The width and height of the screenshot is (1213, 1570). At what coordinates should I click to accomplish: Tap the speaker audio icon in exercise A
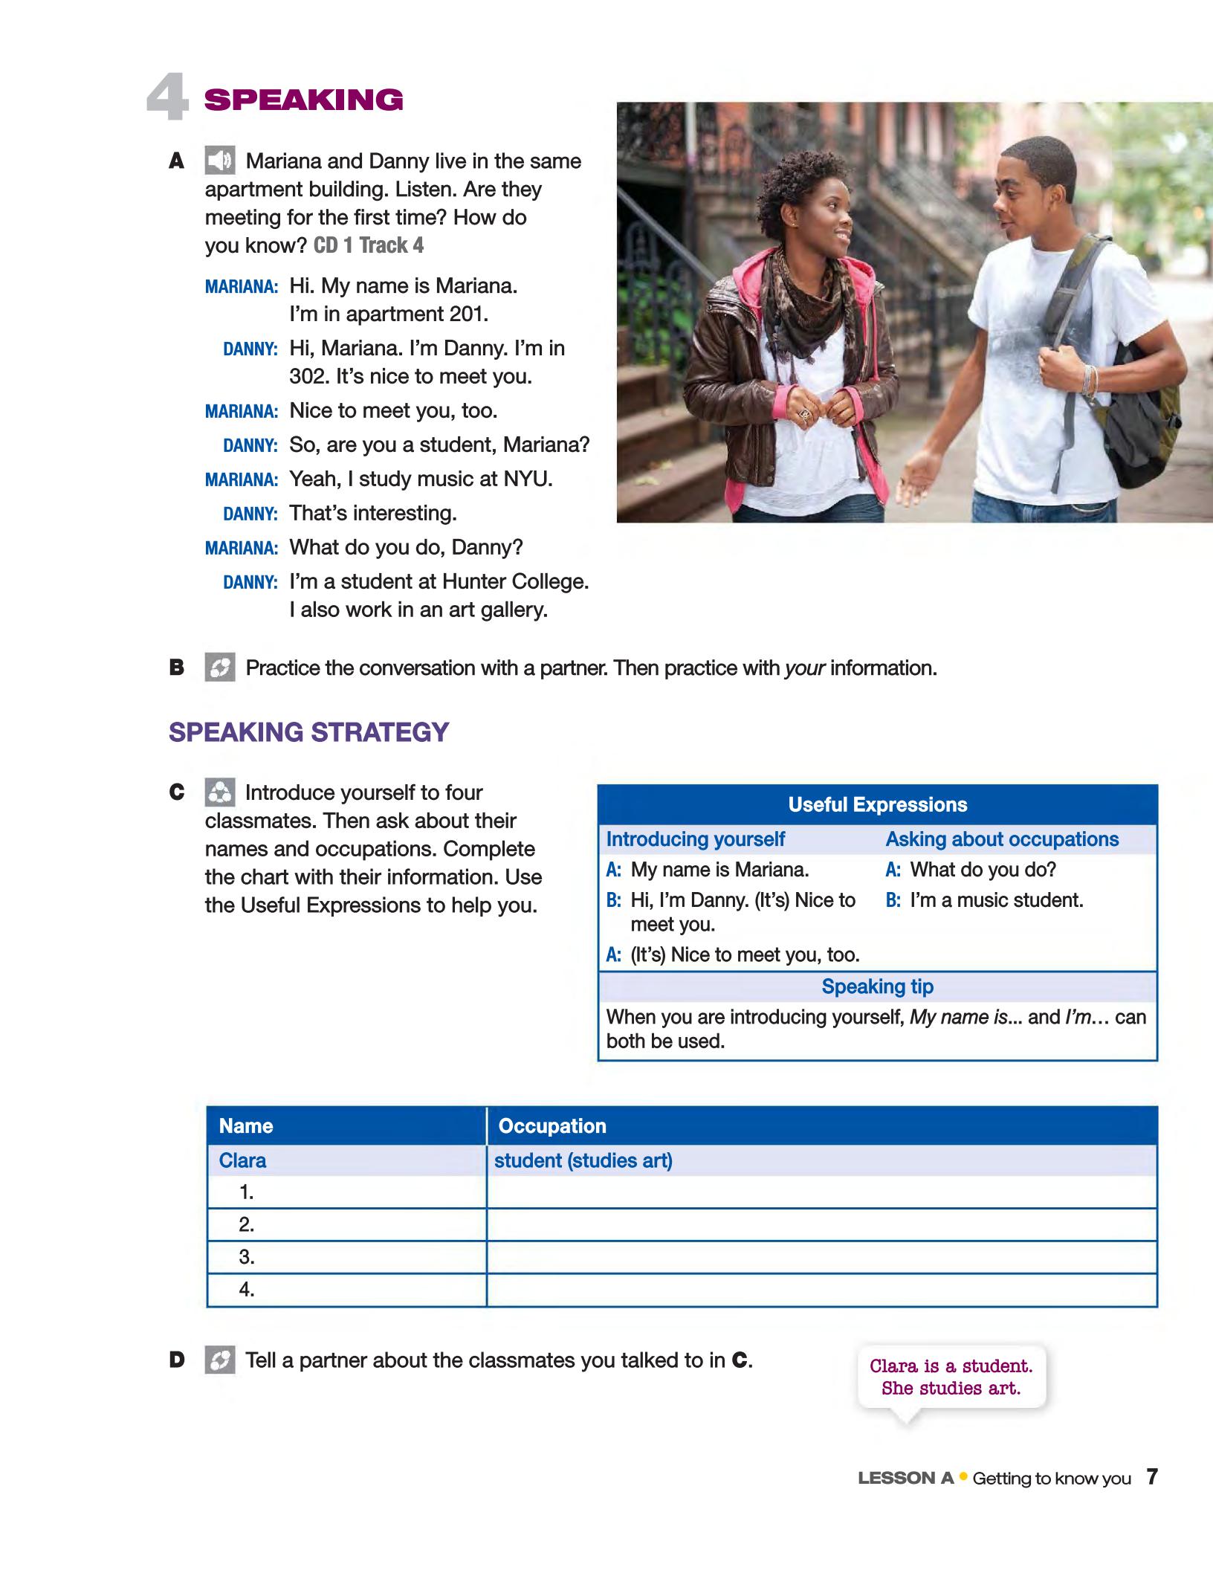click(x=220, y=161)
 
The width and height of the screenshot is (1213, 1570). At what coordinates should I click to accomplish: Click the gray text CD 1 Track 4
click(x=369, y=246)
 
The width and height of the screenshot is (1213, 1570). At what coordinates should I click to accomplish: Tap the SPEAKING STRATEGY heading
click(x=308, y=732)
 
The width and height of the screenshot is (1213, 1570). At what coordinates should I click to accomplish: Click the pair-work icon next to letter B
click(x=220, y=668)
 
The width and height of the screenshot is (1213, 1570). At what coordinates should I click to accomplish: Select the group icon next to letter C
click(x=220, y=792)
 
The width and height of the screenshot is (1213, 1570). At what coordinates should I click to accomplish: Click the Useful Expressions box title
click(x=877, y=804)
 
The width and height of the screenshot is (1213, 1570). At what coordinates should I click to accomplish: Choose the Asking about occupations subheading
click(x=1001, y=839)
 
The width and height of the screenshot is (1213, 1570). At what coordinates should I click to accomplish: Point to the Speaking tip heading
click(x=877, y=986)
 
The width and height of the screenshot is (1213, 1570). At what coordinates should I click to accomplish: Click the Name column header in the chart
click(x=246, y=1126)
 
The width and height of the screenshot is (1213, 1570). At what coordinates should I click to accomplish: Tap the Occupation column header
click(x=552, y=1126)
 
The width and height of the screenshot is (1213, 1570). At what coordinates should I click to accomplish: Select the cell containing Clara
click(x=242, y=1160)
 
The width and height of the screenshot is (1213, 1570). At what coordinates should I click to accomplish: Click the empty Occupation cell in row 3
click(x=821, y=1257)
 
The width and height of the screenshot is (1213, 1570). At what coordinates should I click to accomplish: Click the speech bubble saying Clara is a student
click(x=951, y=1377)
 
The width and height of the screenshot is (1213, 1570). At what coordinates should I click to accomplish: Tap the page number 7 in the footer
click(x=1151, y=1477)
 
